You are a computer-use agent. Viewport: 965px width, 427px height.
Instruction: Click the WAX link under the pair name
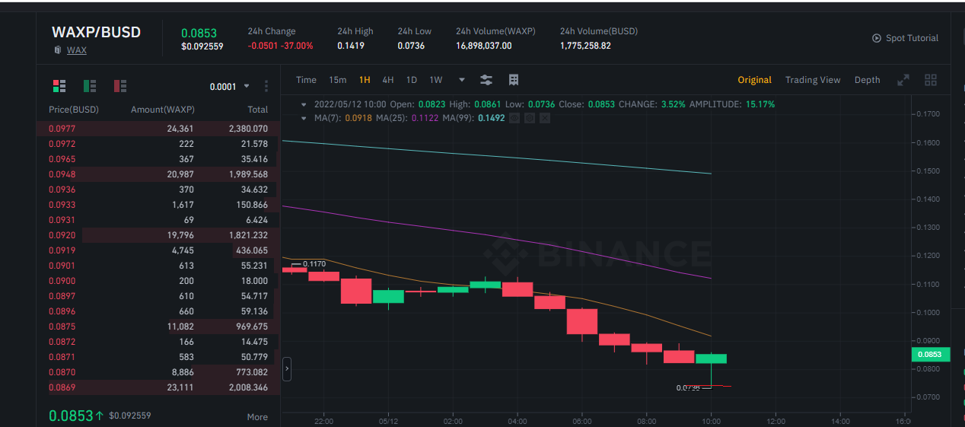(77, 50)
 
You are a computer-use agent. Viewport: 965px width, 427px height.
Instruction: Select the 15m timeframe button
(337, 80)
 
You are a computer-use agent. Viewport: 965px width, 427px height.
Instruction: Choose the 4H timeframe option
(387, 80)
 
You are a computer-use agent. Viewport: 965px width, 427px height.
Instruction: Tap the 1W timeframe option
(435, 80)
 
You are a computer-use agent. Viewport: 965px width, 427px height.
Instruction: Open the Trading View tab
(813, 80)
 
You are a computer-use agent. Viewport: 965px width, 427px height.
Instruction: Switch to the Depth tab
(868, 80)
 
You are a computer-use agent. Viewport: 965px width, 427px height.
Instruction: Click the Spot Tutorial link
(912, 38)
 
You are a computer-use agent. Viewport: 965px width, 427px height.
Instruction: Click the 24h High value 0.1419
(351, 46)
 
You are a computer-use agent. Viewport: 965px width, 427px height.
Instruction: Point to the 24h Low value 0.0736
(411, 46)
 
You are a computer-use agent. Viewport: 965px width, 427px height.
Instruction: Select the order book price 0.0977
(62, 129)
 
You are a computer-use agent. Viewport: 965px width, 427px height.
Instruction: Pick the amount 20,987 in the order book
(180, 174)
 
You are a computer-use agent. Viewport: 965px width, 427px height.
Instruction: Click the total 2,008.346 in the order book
(248, 387)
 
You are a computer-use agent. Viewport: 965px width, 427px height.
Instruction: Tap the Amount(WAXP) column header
(162, 110)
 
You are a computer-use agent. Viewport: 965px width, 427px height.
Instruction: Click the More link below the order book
(257, 416)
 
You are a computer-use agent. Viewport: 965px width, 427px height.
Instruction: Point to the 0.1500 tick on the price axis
(928, 171)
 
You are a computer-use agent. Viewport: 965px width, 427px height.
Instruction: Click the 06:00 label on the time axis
(582, 421)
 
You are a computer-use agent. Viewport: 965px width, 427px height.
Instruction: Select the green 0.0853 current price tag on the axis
(931, 354)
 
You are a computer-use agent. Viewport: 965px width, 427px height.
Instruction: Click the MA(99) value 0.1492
(491, 118)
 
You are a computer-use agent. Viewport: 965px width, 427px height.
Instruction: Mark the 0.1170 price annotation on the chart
(314, 263)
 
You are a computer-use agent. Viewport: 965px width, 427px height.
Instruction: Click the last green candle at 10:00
(712, 358)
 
